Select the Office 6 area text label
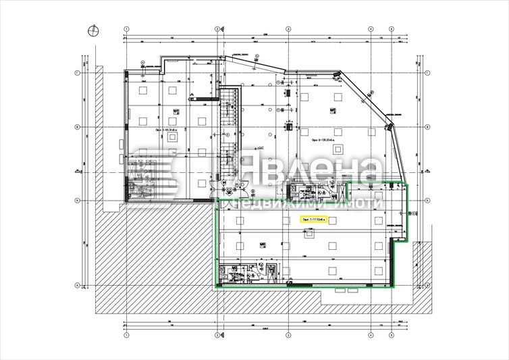[x=323, y=142]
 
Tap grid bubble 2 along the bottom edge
[x=215, y=334]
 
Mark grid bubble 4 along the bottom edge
[x=371, y=334]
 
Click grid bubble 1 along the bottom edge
[x=126, y=334]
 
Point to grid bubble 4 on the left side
[x=78, y=284]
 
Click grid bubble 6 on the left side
[x=78, y=126]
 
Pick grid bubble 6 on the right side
[x=428, y=126]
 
